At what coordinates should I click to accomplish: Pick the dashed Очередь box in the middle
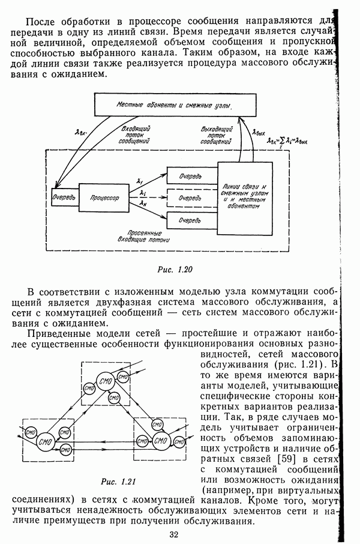tap(189, 197)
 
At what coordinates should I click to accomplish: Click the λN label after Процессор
tap(142, 204)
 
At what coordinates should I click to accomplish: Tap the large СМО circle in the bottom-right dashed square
tap(160, 442)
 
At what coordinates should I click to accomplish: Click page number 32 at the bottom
tap(174, 534)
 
